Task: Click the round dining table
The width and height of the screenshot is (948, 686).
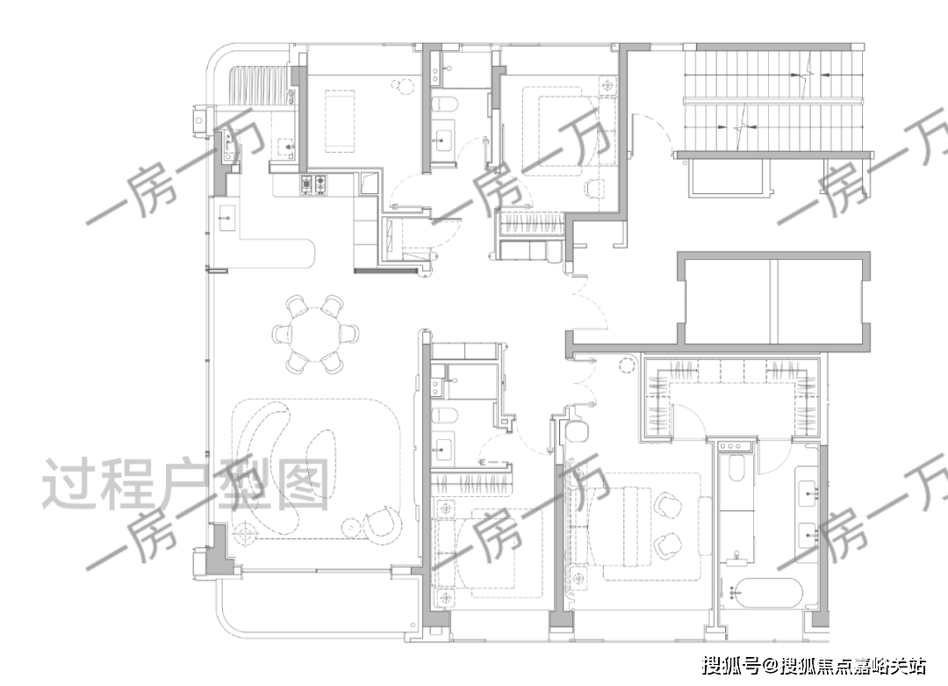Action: pos(314,333)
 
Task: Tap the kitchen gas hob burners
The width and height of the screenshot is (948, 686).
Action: pos(313,184)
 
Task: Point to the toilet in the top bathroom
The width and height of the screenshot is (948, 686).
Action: pos(446,103)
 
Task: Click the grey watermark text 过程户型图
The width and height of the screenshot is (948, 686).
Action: pos(186,484)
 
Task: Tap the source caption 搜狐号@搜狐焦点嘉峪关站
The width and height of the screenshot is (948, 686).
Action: pos(814,666)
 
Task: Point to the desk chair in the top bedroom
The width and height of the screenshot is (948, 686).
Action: pos(594,189)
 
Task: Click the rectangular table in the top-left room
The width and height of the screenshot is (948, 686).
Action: pos(340,121)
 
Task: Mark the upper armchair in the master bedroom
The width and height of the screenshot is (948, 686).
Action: pos(665,503)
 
